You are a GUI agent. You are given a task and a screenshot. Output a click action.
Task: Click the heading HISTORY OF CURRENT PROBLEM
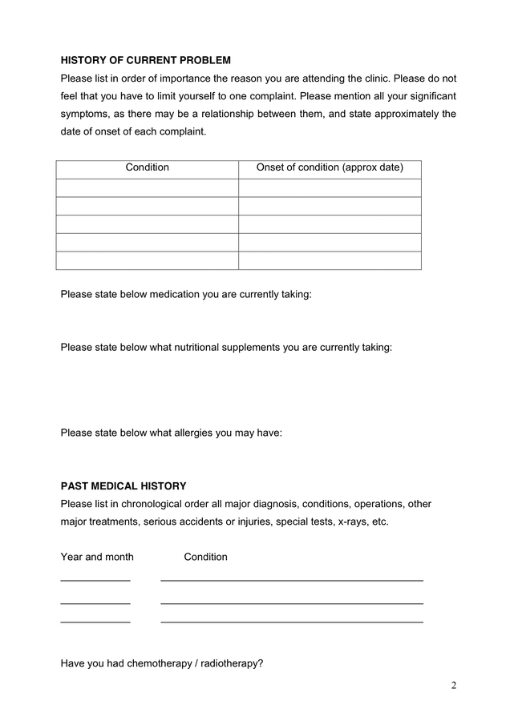(x=145, y=60)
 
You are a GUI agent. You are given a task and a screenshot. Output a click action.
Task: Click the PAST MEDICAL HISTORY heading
(x=123, y=486)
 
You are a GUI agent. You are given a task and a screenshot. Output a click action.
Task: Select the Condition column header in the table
(x=148, y=168)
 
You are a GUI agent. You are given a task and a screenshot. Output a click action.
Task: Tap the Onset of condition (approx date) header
(x=330, y=168)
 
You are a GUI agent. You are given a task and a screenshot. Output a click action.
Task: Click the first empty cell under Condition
(x=148, y=187)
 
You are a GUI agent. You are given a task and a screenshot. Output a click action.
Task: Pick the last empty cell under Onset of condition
(x=330, y=261)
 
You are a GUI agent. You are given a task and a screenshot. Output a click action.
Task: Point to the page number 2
(x=454, y=685)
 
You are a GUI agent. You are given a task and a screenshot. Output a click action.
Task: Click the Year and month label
(x=97, y=557)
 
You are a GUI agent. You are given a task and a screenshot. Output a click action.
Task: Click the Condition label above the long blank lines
(x=206, y=557)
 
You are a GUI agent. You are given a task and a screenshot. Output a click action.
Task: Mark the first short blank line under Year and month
(x=95, y=579)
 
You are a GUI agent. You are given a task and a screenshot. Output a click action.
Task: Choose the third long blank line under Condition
(x=292, y=621)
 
